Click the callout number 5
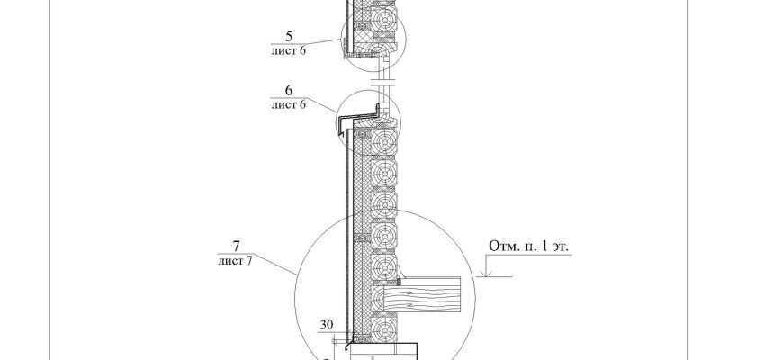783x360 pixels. tap(289, 36)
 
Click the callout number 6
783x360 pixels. tap(289, 90)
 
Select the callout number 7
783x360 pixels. tap(236, 246)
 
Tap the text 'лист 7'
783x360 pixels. tap(235, 260)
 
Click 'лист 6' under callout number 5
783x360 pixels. tap(289, 50)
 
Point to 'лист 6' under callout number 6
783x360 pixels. tap(289, 104)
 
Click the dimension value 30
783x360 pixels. tap(326, 324)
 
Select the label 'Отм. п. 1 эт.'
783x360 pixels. tap(529, 247)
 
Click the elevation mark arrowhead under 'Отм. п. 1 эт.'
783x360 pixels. tap(486, 273)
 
